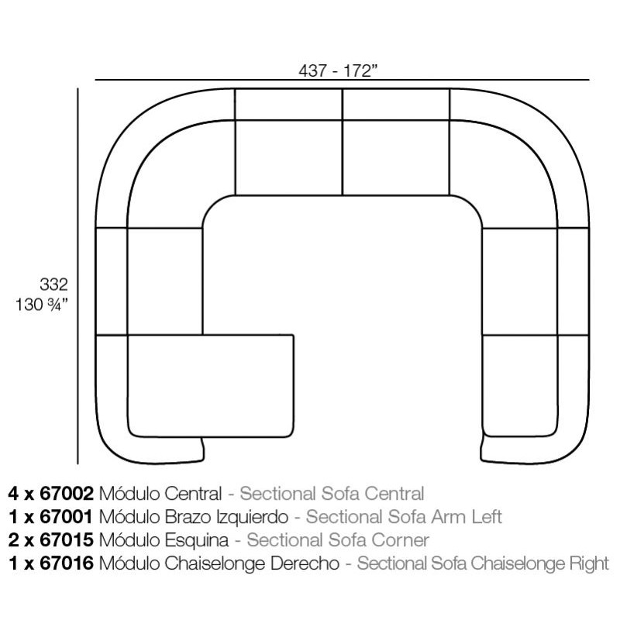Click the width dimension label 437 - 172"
tap(339, 71)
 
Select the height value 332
tap(53, 284)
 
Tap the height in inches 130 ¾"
tap(42, 305)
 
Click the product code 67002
tap(67, 494)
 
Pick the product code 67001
tap(66, 517)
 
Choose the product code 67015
tap(67, 540)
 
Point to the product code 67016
tap(67, 563)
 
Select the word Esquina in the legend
tap(197, 541)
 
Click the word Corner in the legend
tap(400, 540)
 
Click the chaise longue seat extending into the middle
tap(211, 386)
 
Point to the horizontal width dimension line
tap(342, 80)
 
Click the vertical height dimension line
tap(78, 276)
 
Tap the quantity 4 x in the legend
tap(22, 494)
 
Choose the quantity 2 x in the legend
tap(22, 540)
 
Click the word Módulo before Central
tap(129, 494)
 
